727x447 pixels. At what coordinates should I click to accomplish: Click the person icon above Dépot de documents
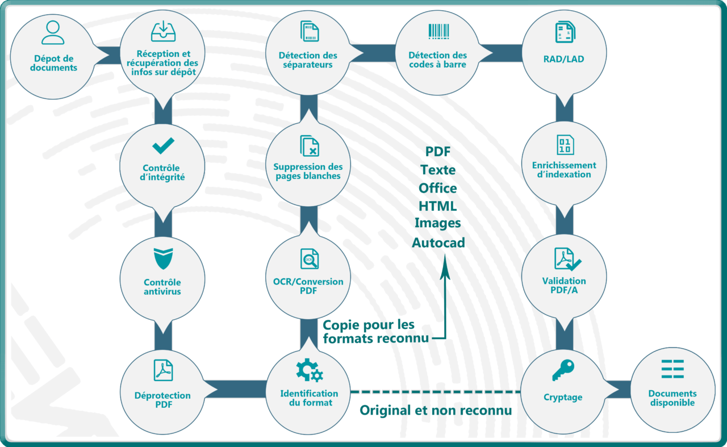pyautogui.click(x=53, y=32)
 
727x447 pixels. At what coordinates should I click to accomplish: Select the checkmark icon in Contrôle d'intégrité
pyautogui.click(x=163, y=146)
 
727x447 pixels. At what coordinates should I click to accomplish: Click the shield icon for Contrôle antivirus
pyautogui.click(x=163, y=259)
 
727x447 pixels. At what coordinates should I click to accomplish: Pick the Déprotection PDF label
pyautogui.click(x=163, y=400)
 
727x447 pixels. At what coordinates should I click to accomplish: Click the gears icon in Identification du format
pyautogui.click(x=309, y=370)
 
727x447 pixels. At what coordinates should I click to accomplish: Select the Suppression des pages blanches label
pyautogui.click(x=308, y=171)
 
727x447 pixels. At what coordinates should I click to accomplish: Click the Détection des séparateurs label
pyautogui.click(x=307, y=60)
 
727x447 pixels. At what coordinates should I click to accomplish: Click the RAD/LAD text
pyautogui.click(x=563, y=59)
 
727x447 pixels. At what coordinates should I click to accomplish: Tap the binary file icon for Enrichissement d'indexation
pyautogui.click(x=565, y=144)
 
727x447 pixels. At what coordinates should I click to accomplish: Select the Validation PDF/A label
pyautogui.click(x=564, y=285)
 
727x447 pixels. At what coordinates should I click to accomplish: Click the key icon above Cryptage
pyautogui.click(x=563, y=370)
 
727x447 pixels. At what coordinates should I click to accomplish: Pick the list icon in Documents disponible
pyautogui.click(x=672, y=369)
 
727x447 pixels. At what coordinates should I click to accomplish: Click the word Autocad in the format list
pyautogui.click(x=438, y=243)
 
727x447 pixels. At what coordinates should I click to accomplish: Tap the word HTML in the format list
pyautogui.click(x=437, y=206)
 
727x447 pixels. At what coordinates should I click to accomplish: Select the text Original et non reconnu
pyautogui.click(x=436, y=410)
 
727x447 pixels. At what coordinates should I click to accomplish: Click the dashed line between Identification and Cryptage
pyautogui.click(x=436, y=392)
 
